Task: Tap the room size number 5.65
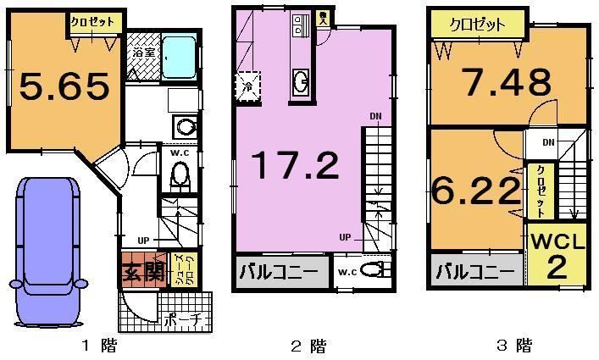[64, 86]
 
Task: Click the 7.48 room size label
[507, 82]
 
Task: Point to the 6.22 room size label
[475, 191]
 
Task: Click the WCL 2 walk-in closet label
[558, 255]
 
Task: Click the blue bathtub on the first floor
[179, 56]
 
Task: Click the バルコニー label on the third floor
[475, 273]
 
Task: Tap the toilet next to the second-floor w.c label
[371, 271]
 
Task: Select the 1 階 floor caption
[99, 346]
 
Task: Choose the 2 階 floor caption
[308, 346]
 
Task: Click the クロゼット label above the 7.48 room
[479, 25]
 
